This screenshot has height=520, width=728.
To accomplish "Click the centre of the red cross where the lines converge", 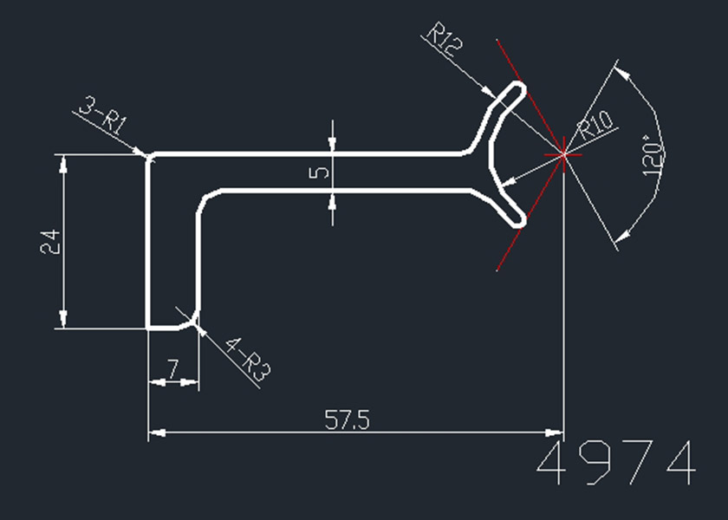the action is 563,154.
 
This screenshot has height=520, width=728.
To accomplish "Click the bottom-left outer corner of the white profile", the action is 147,328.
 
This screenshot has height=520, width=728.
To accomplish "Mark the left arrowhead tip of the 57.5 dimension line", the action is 148,432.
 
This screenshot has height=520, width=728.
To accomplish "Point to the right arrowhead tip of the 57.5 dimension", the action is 563,432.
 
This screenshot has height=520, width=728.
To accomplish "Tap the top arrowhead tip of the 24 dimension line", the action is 63,155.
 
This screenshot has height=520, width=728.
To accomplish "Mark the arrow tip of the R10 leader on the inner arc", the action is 502,185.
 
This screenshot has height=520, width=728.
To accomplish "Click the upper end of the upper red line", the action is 497,40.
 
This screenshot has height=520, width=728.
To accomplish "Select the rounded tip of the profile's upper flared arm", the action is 519,86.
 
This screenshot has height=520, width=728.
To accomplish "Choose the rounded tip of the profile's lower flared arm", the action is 520,223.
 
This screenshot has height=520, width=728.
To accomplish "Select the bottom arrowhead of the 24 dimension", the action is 63,328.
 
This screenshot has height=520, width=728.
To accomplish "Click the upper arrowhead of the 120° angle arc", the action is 614,68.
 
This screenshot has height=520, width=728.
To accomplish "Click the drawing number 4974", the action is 616,463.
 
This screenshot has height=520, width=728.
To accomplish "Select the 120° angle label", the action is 653,155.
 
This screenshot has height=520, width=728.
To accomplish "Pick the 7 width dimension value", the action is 172,369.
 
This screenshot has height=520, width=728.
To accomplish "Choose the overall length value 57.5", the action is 347,419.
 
